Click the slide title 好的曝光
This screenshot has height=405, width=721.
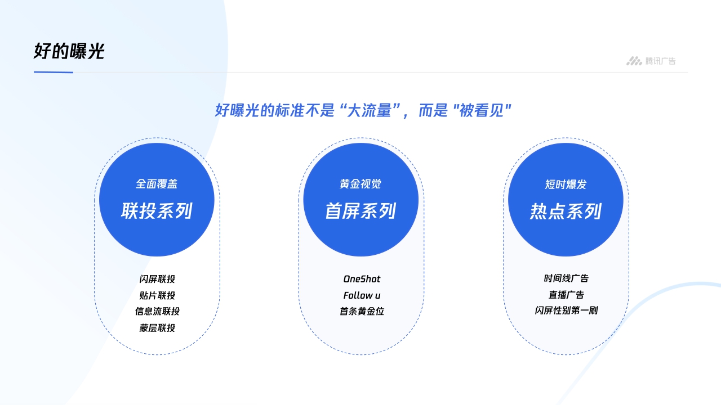(x=69, y=52)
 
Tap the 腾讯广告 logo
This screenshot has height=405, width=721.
(x=651, y=61)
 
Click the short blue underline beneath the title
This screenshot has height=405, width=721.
(x=54, y=72)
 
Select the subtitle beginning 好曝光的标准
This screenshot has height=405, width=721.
(x=363, y=110)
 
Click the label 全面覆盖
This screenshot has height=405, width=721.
(x=157, y=184)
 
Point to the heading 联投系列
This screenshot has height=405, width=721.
(x=157, y=211)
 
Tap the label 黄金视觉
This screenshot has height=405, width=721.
(x=360, y=184)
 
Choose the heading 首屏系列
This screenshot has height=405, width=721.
(x=360, y=211)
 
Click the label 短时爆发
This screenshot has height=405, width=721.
(x=566, y=184)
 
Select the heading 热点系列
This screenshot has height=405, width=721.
(x=566, y=211)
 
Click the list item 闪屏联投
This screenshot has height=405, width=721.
(x=157, y=279)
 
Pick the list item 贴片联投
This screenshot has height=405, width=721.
(x=157, y=295)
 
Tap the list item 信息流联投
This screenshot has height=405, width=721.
(x=157, y=311)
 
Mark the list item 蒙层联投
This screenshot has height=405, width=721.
(x=157, y=327)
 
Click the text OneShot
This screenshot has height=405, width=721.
(x=362, y=279)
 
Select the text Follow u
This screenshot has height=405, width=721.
(x=362, y=295)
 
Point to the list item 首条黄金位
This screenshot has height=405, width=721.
(x=362, y=311)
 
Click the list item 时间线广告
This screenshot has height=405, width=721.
(x=566, y=278)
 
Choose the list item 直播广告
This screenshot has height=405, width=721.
(x=566, y=294)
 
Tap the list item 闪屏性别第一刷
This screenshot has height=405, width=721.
(x=566, y=310)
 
